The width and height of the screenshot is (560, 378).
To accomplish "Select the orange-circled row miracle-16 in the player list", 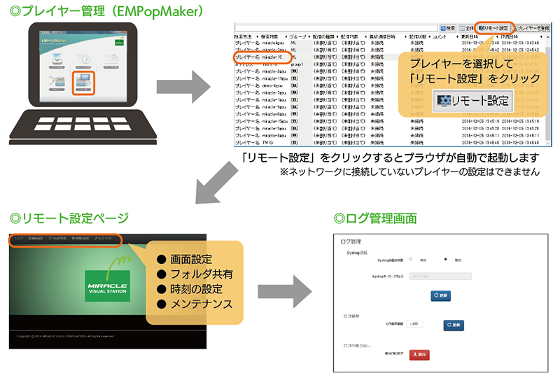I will [262, 57].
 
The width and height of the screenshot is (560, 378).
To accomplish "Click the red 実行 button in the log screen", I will [419, 355].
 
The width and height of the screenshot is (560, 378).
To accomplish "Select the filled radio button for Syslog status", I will [446, 259].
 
